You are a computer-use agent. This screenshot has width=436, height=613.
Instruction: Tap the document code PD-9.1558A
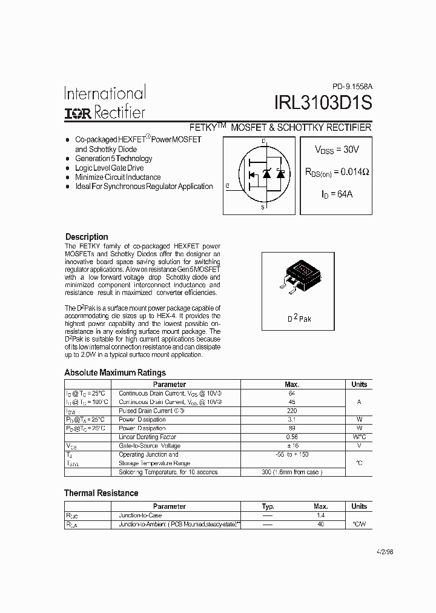point(352,87)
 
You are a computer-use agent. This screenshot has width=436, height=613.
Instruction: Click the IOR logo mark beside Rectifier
point(78,113)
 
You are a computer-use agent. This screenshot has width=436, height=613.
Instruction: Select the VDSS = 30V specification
point(335,150)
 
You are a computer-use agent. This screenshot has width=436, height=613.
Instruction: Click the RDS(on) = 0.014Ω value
point(337,172)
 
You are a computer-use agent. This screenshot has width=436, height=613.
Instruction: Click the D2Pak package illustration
point(298,277)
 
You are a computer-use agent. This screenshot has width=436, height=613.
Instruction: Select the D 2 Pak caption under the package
point(299,318)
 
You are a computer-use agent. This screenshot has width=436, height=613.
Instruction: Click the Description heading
point(87,237)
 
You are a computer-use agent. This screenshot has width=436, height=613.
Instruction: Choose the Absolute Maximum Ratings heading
point(115,373)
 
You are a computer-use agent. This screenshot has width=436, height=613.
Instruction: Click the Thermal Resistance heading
point(101,493)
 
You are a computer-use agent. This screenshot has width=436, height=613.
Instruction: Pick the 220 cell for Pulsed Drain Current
point(291,411)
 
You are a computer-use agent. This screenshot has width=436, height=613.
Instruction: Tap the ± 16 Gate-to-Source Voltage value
point(291,446)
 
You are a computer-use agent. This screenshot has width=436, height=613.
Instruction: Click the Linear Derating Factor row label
point(147,437)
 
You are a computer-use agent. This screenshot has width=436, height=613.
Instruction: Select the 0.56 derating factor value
point(291,437)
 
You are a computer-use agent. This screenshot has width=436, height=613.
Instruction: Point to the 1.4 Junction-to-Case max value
point(321,515)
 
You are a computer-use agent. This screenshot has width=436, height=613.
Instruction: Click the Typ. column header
point(268,506)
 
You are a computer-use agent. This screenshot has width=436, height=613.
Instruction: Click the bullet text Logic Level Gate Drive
point(110,168)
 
